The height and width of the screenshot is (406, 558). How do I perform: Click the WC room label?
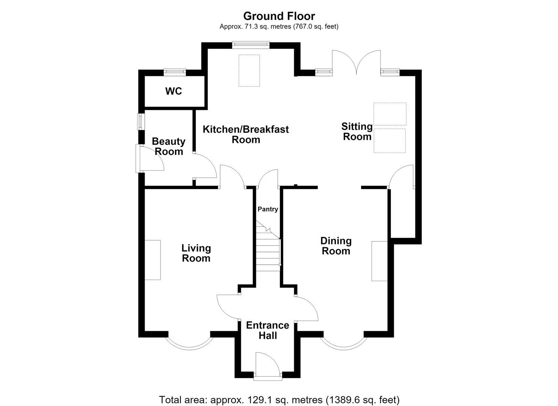[173, 91]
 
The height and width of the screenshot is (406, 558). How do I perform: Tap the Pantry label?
[268, 209]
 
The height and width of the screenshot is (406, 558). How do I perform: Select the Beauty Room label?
[169, 146]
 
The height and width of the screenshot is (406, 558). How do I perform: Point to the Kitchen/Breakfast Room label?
[246, 134]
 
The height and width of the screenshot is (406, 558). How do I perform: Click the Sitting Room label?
[357, 132]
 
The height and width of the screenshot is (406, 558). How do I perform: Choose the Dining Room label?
[336, 246]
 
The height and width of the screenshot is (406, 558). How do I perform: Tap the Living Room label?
[196, 253]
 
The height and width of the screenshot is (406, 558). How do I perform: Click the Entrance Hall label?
[268, 330]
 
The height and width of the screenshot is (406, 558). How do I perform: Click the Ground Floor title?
[279, 16]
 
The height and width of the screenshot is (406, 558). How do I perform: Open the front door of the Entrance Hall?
[268, 367]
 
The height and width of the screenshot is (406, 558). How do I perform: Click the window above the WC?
[175, 72]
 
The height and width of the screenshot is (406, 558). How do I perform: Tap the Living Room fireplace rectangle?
[153, 260]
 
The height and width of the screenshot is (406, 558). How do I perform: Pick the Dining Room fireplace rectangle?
[380, 261]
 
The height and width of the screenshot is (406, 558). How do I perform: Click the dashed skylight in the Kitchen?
[249, 71]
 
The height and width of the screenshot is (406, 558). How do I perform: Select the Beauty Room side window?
[141, 122]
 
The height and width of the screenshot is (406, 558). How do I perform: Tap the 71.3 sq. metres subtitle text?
[279, 26]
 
